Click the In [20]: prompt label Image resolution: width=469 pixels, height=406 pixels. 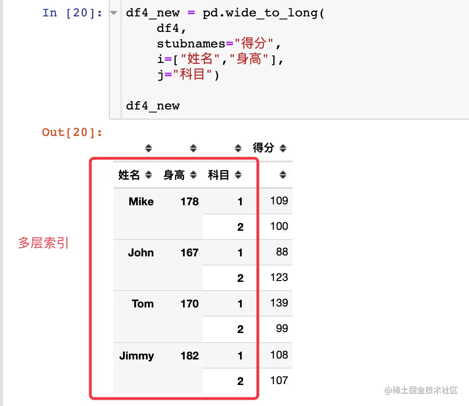pyautogui.click(x=72, y=13)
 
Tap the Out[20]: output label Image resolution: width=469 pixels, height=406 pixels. pyautogui.click(x=72, y=132)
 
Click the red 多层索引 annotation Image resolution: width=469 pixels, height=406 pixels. pyautogui.click(x=43, y=243)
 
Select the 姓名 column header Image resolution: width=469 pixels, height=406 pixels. pyautogui.click(x=129, y=175)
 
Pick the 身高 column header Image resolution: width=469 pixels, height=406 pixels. pyautogui.click(x=174, y=175)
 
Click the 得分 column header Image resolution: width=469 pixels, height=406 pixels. pyautogui.click(x=263, y=148)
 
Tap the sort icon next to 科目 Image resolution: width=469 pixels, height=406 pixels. pyautogui.click(x=238, y=175)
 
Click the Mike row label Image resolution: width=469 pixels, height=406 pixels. pyautogui.click(x=141, y=202)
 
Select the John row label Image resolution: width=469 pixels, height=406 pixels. pyautogui.click(x=141, y=253)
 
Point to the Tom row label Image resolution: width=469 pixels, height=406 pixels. pyautogui.click(x=143, y=304)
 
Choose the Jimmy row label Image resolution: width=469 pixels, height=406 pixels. pyautogui.click(x=137, y=356)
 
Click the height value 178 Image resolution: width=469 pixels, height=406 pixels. pyautogui.click(x=189, y=202)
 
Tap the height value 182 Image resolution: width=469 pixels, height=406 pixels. pyautogui.click(x=189, y=356)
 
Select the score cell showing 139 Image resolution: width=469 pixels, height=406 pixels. pyautogui.click(x=279, y=303)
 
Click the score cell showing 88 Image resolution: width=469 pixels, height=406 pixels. pyautogui.click(x=282, y=252)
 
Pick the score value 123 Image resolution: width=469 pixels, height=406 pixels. pyautogui.click(x=279, y=277)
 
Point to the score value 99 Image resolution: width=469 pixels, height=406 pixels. pyautogui.click(x=282, y=328)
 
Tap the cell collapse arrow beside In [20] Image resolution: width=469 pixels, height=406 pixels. pyautogui.click(x=114, y=13)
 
